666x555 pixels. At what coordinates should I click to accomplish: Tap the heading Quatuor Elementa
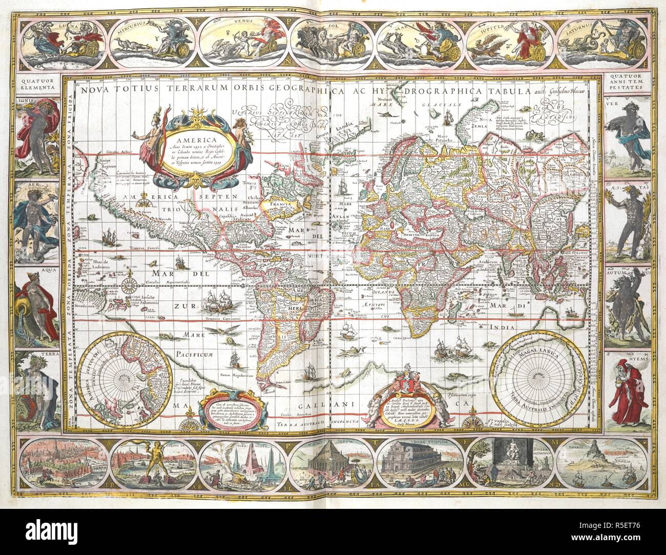(x=38, y=84)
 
